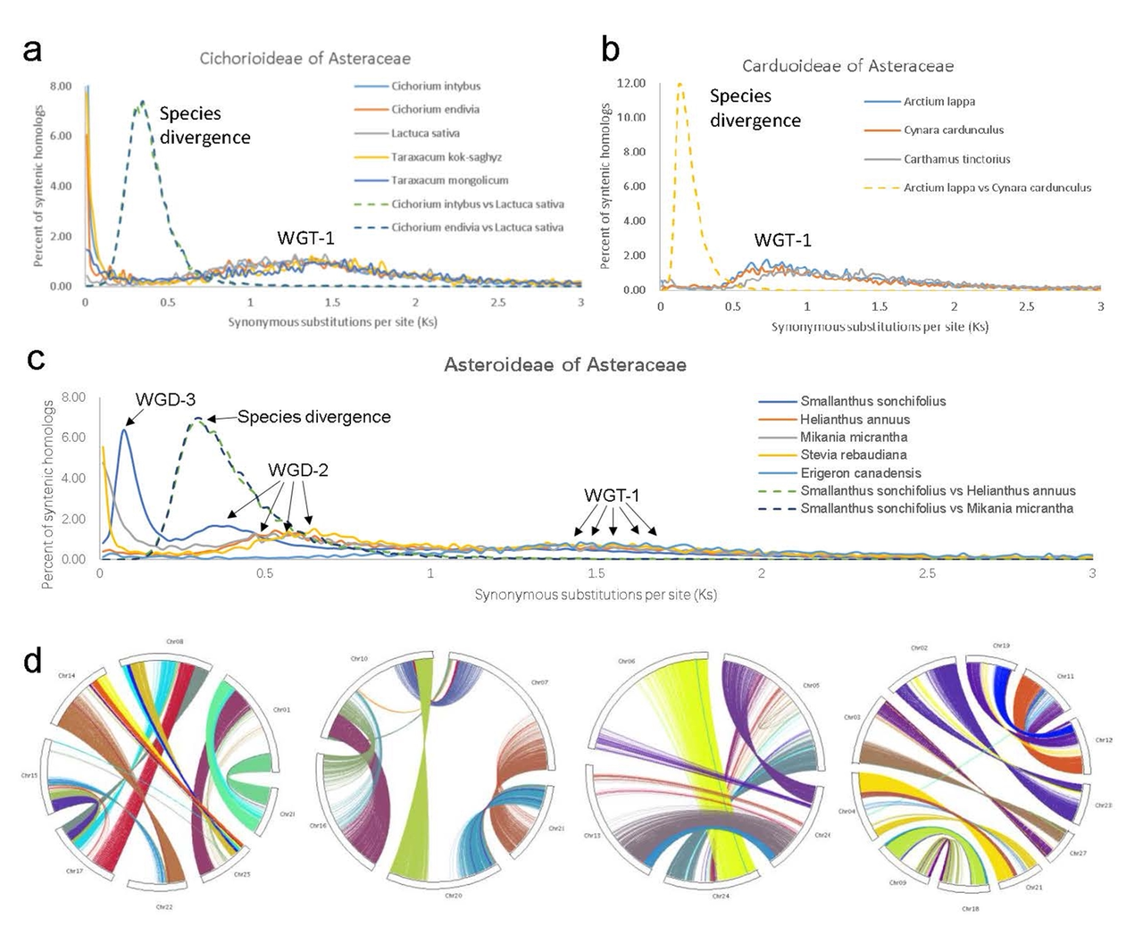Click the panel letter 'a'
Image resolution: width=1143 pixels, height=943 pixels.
[32, 50]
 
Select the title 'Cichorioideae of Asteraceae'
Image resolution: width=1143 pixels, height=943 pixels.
[305, 59]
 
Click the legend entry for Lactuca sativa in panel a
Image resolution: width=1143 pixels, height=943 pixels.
[425, 133]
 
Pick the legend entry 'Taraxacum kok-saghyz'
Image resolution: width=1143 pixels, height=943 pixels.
[446, 157]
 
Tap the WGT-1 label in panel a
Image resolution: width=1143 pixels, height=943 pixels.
[305, 238]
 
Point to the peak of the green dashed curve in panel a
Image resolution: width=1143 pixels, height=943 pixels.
[141, 102]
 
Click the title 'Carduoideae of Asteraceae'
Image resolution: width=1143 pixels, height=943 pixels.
[847, 66]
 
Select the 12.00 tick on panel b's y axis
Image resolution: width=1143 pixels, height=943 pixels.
[630, 83]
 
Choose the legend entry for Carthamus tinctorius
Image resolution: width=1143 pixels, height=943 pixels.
[956, 159]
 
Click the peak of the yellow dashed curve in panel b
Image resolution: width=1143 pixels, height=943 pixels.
[680, 84]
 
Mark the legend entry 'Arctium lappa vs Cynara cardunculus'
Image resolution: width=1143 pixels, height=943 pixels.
[997, 188]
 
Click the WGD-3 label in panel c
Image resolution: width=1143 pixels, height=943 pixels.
[165, 399]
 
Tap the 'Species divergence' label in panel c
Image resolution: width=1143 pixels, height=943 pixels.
[313, 417]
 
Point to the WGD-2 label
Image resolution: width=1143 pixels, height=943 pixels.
[298, 470]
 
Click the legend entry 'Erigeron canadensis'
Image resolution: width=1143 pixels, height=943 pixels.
[860, 473]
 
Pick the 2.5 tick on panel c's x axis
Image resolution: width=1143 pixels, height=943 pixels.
[927, 573]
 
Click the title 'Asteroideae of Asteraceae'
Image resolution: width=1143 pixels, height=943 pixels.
[565, 364]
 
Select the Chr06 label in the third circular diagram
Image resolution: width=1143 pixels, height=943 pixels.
[626, 662]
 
